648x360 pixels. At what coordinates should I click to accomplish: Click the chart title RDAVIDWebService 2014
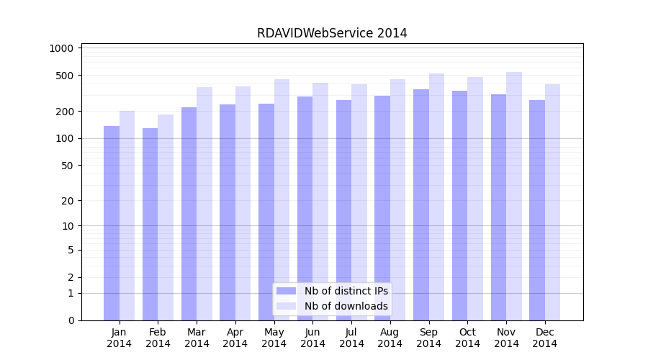332,33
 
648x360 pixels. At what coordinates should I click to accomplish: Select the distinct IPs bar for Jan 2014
112,223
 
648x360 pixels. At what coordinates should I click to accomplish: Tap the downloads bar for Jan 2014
127,216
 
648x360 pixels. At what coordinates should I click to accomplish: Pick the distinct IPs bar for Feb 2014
150,224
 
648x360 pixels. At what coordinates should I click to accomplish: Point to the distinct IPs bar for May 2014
266,212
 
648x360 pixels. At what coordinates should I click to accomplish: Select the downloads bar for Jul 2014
359,202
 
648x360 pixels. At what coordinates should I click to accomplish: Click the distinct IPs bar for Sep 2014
421,204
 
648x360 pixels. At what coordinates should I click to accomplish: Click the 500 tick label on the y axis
66,76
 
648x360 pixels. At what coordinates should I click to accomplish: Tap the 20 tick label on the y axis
68,201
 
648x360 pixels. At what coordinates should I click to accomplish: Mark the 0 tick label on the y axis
71,320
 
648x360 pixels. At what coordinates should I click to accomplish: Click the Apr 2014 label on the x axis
235,338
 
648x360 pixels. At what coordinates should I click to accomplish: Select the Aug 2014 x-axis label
390,338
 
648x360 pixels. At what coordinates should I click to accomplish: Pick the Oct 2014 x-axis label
467,338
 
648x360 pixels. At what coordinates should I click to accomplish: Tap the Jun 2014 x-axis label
312,338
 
